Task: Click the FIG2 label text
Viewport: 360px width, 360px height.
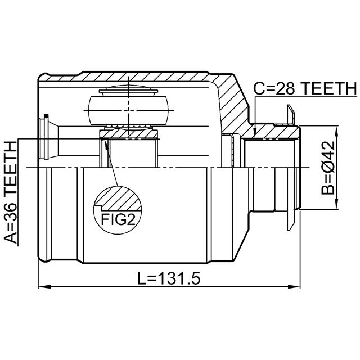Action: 118,220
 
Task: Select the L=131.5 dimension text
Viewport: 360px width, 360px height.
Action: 169,278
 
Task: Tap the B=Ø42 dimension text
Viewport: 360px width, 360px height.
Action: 328,168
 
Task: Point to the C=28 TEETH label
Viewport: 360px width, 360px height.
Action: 305,88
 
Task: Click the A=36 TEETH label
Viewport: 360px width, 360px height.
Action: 11,192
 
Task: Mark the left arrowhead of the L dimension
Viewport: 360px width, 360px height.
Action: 44,287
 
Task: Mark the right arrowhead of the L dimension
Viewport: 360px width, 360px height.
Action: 294,287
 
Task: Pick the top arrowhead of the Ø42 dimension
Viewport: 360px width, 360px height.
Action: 336,132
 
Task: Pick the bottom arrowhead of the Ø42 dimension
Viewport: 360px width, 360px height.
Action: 336,203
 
